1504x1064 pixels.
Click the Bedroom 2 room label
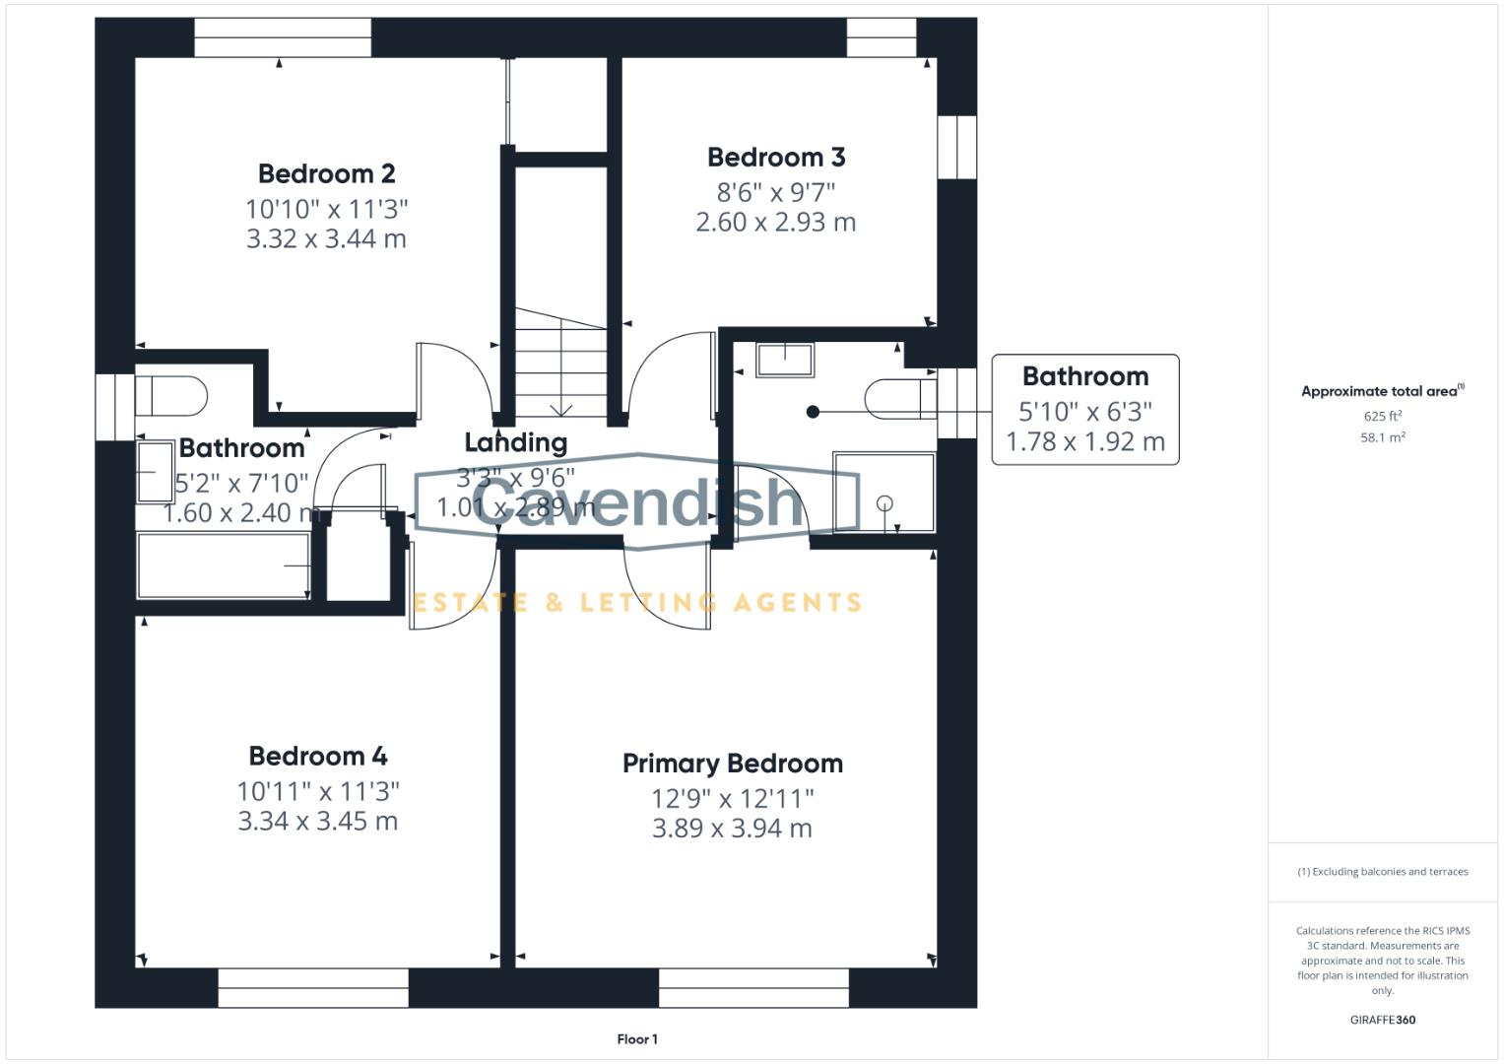[326, 174]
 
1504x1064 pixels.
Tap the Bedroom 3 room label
[776, 158]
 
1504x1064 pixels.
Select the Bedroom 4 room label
[317, 757]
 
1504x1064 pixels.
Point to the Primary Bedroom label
[732, 764]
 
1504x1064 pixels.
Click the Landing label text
[515, 443]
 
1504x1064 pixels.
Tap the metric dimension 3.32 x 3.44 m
[326, 238]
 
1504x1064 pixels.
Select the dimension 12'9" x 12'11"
[732, 798]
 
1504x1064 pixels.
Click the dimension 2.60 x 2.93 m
[775, 223]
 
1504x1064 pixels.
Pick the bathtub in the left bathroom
[224, 565]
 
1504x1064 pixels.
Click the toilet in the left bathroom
[173, 396]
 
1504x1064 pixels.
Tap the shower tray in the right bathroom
[883, 492]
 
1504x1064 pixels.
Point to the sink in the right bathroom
[785, 360]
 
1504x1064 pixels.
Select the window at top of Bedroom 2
[283, 37]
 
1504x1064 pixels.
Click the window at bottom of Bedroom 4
[313, 987]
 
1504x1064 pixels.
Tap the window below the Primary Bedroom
[753, 987]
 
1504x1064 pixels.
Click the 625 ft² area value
[1382, 417]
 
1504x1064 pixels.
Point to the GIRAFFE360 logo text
[1382, 1020]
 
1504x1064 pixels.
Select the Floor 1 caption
[637, 1039]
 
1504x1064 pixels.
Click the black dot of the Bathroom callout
[813, 412]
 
